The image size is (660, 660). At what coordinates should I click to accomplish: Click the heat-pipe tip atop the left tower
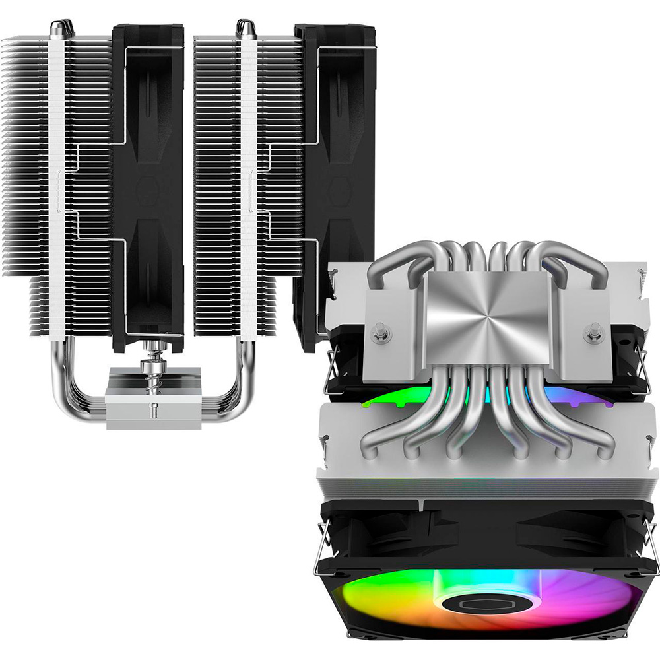[x=57, y=27]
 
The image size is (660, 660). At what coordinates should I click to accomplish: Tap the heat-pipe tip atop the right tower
[x=246, y=27]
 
